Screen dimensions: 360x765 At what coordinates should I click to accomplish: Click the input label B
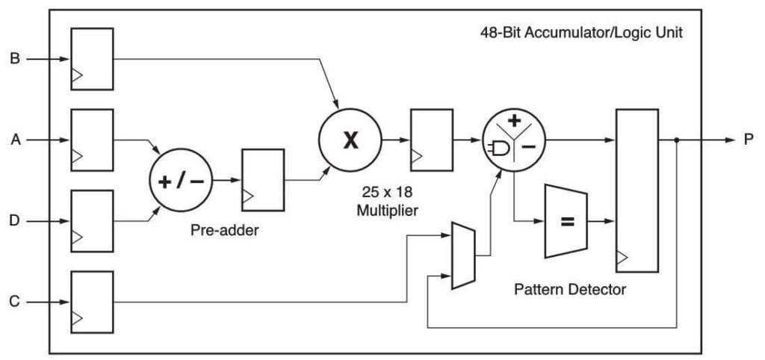13,58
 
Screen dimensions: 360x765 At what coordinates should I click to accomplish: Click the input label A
13,139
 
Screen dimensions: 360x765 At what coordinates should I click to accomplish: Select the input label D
13,220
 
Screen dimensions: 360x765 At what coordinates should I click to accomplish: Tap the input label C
13,302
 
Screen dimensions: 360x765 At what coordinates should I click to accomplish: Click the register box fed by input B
92,58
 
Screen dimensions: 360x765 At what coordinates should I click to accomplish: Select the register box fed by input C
92,302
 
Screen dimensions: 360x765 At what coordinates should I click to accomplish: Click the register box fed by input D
92,220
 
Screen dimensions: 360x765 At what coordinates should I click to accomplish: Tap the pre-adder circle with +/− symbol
183,180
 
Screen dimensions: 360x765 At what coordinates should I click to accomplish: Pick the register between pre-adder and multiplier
263,180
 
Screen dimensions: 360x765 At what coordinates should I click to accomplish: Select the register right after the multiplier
431,140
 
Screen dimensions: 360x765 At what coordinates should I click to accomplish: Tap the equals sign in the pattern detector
567,221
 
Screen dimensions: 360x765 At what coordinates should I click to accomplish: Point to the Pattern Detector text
570,289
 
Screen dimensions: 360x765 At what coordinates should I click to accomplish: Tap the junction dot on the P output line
677,140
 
